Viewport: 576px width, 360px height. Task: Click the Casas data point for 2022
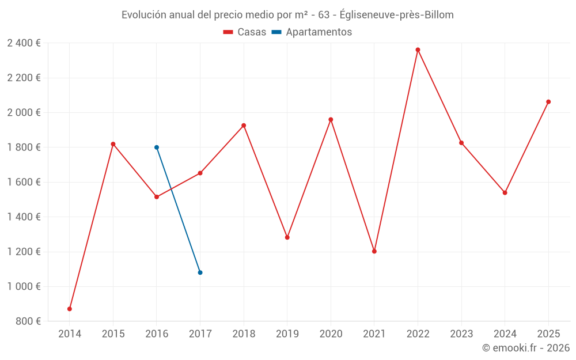[x=418, y=50]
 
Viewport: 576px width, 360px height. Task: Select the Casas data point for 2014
[x=70, y=309]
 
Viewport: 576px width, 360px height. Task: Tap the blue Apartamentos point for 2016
[x=157, y=147]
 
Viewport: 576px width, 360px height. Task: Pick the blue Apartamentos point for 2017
[x=200, y=272]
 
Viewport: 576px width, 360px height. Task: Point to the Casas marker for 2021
[x=374, y=251]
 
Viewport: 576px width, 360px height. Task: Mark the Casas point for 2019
[x=287, y=237]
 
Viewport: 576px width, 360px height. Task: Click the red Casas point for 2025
[x=548, y=102]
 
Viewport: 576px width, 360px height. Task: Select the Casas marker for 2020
[x=331, y=120]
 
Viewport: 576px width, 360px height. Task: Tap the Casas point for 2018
[x=244, y=126]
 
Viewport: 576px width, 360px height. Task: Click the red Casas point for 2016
[x=157, y=197]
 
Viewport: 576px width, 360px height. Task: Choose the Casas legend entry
[x=245, y=32]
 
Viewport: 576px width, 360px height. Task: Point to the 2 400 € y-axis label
[x=24, y=43]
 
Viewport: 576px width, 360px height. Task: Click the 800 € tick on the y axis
[x=28, y=321]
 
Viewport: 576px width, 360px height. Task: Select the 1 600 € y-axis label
[x=24, y=182]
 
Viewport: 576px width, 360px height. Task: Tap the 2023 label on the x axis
[x=461, y=334]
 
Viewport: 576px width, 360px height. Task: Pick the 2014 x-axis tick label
[x=70, y=334]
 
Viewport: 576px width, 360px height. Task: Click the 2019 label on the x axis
[x=287, y=334]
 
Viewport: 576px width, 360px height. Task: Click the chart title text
[x=287, y=15]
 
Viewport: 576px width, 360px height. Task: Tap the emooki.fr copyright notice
[x=526, y=348]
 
